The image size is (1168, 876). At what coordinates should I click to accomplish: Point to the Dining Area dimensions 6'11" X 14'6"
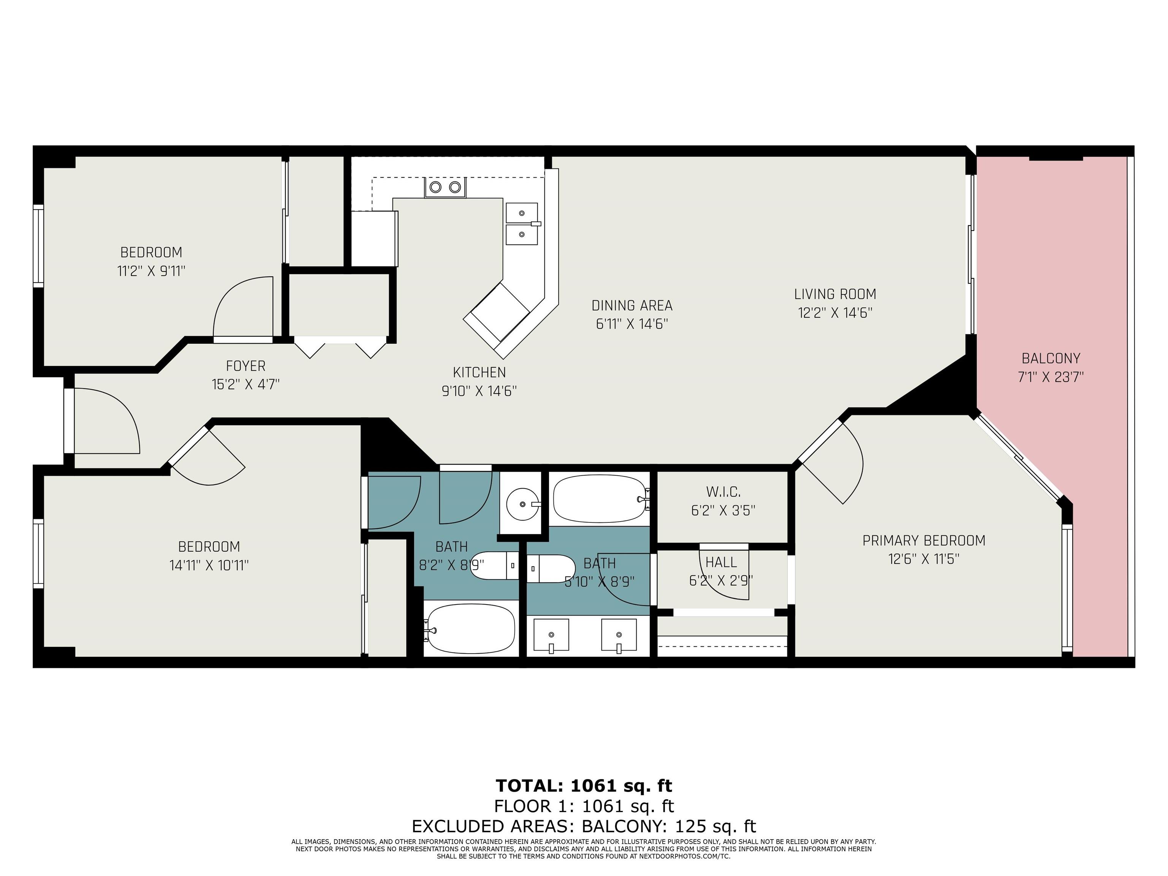click(632, 324)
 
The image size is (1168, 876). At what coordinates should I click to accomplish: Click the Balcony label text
click(1051, 359)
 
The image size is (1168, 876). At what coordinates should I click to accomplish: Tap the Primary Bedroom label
click(924, 541)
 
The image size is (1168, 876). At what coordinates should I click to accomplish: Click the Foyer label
click(246, 366)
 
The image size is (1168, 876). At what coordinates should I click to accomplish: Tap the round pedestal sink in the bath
click(523, 504)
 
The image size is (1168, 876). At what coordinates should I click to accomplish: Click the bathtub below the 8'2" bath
click(470, 629)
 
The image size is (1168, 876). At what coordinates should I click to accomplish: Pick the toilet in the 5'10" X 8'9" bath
click(551, 569)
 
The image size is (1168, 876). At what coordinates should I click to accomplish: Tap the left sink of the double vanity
click(551, 636)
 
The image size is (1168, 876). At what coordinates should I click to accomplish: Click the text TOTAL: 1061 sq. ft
click(584, 786)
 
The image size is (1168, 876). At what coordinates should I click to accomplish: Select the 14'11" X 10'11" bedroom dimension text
click(209, 565)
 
